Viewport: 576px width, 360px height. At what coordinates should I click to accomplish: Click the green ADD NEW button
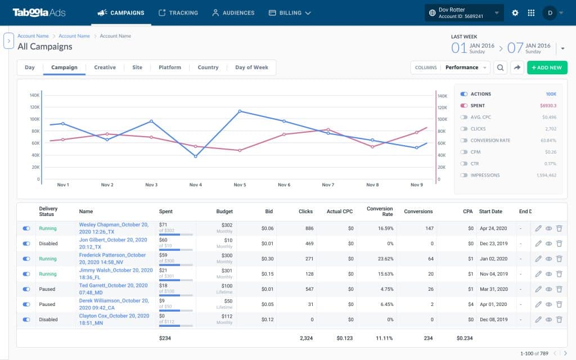point(547,67)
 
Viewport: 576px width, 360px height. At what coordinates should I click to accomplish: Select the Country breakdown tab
point(208,67)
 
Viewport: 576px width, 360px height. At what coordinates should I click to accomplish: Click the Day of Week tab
point(251,67)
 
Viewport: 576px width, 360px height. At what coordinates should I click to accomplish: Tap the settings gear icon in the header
point(515,12)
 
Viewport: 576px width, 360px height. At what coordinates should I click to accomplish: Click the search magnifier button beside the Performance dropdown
point(500,67)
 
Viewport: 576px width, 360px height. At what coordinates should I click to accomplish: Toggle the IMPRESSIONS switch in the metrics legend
point(463,175)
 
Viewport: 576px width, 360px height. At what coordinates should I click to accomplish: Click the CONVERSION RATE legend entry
point(490,141)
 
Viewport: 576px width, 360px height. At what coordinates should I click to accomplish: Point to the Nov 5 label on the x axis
point(239,185)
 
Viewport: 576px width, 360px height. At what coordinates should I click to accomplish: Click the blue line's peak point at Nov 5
point(240,111)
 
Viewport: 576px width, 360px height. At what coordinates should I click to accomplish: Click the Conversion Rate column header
point(380,211)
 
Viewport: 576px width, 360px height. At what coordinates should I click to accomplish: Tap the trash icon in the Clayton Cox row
point(559,319)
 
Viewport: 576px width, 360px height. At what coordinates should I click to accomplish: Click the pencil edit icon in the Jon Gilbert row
point(538,244)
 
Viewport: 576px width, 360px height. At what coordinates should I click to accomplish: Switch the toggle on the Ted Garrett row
point(26,289)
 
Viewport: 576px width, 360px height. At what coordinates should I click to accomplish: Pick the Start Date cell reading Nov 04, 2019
point(494,274)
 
